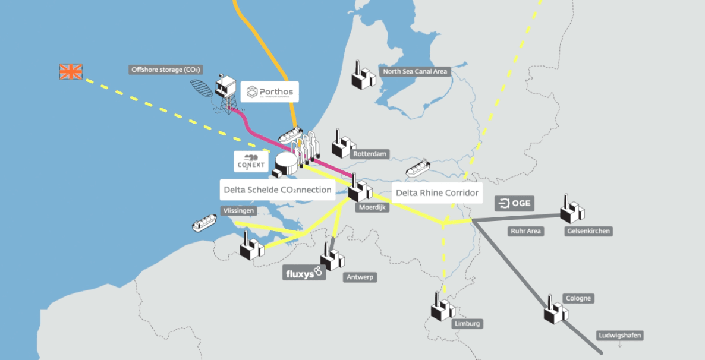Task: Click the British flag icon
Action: click(x=71, y=72)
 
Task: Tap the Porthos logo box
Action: click(x=270, y=92)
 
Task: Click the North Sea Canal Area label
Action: click(x=415, y=72)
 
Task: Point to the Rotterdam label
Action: click(x=370, y=154)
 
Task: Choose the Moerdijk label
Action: click(x=373, y=208)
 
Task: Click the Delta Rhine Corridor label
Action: click(x=437, y=192)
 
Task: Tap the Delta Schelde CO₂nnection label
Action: click(x=276, y=191)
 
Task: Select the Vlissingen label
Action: click(x=238, y=210)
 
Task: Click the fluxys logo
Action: click(x=304, y=273)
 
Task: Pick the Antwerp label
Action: click(x=360, y=277)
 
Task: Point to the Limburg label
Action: click(x=467, y=324)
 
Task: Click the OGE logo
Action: click(x=514, y=204)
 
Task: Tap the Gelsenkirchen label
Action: click(x=588, y=231)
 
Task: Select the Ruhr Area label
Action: click(x=525, y=231)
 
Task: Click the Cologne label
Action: click(x=579, y=298)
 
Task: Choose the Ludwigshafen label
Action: click(x=619, y=336)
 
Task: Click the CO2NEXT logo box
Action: click(x=251, y=161)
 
